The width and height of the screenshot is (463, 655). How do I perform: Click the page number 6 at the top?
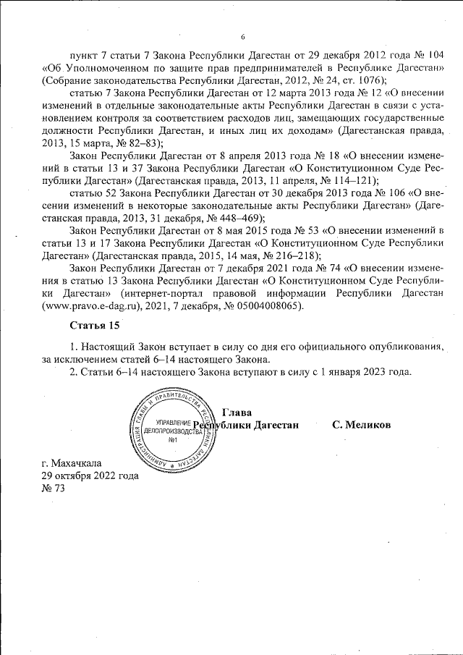click(x=243, y=37)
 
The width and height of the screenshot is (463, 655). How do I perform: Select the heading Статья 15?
click(x=95, y=324)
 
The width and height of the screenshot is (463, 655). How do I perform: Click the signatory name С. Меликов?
click(x=361, y=425)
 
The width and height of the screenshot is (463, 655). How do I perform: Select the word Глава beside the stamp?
click(x=237, y=412)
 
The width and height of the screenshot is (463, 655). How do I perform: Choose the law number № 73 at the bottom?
click(x=54, y=489)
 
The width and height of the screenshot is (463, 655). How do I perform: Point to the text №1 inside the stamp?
click(x=173, y=441)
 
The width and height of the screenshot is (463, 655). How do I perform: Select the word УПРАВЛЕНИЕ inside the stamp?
click(x=169, y=422)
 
